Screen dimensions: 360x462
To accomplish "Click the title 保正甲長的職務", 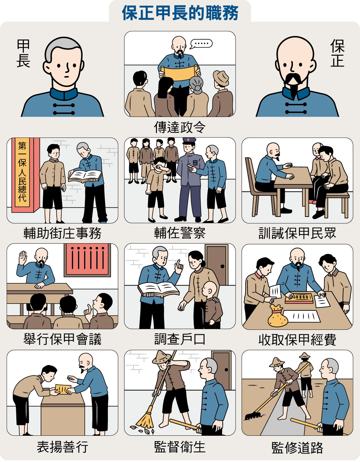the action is point(180,13).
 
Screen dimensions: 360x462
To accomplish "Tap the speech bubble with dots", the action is point(201,44).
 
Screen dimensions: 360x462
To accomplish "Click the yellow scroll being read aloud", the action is point(180,73).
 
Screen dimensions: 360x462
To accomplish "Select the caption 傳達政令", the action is point(180,127).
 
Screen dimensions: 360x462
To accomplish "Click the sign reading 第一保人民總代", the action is point(22,172).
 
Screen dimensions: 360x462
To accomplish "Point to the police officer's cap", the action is point(189,141).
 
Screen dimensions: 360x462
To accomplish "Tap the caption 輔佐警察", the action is point(180,233).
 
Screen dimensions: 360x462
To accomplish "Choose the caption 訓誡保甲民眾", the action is point(297,233).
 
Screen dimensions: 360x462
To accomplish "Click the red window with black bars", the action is point(87,260).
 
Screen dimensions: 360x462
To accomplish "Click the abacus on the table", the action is point(299,297).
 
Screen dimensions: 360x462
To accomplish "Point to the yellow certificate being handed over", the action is point(63,389).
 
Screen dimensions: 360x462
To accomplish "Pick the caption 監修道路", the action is point(297,447).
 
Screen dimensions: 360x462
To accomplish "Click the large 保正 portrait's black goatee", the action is point(294,87).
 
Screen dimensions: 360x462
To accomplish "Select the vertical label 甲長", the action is point(23,53).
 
